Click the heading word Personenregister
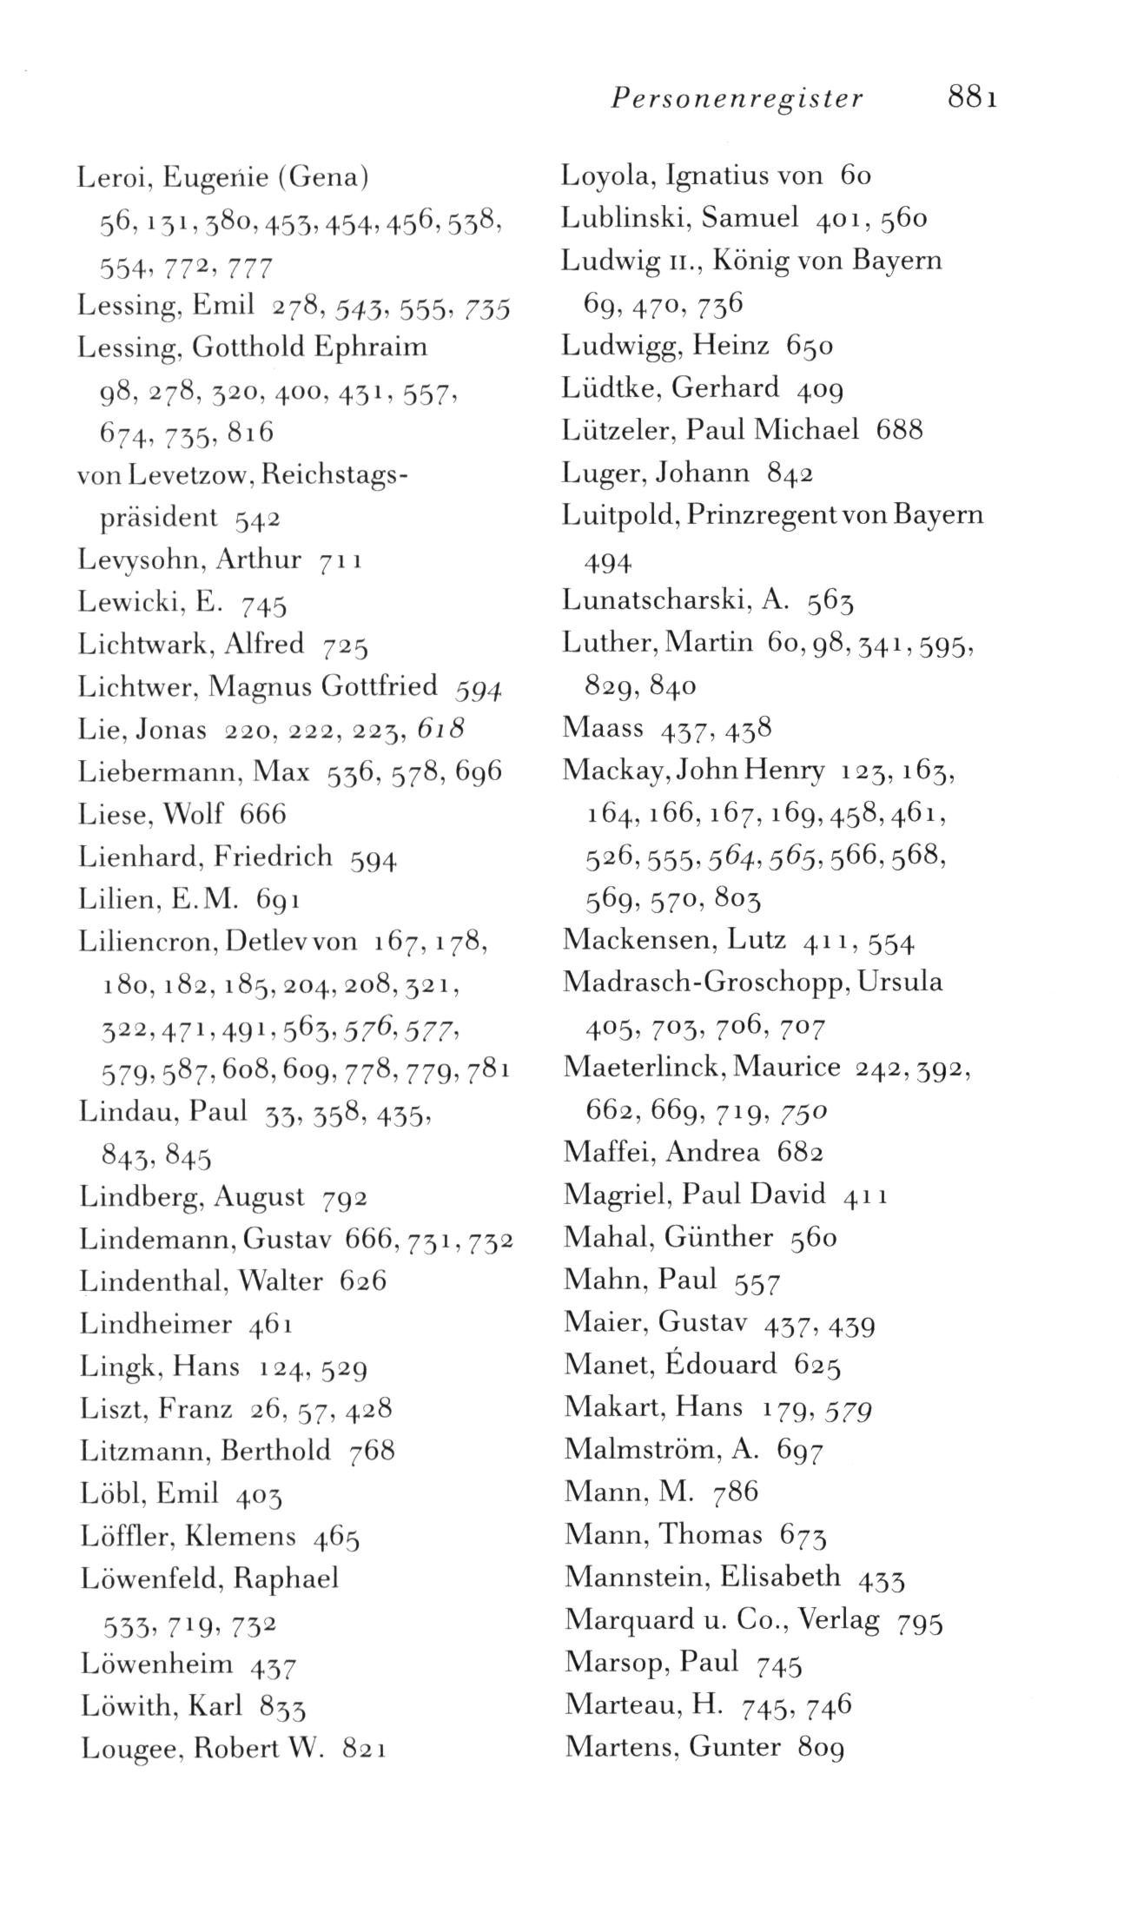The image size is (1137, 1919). pos(737,97)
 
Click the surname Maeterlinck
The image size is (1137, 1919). pos(644,1067)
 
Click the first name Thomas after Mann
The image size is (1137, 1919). pos(711,1535)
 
